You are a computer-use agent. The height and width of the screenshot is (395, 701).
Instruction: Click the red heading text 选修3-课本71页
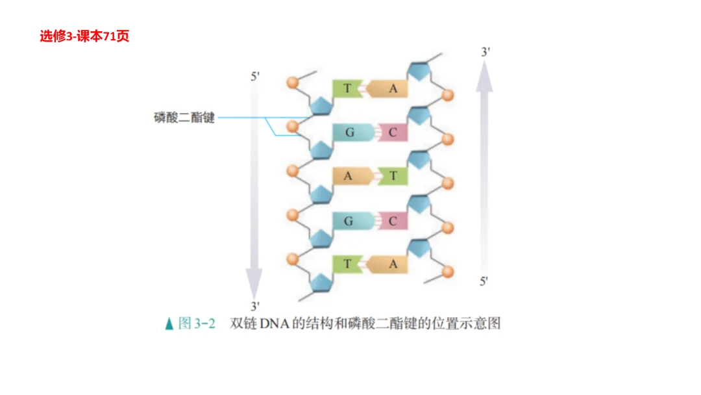point(84,36)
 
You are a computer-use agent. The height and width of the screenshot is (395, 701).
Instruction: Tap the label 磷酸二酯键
point(184,118)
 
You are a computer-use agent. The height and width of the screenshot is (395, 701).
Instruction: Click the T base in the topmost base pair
point(348,88)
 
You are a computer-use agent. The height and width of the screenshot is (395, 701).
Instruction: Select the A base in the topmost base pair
point(391,88)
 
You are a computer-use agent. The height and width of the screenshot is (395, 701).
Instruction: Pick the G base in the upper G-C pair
point(350,133)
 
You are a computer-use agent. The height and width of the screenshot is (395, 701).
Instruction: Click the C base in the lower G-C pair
point(393,221)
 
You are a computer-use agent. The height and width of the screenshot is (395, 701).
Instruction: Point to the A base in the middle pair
point(349,176)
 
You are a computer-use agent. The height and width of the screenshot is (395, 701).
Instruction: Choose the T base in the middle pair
point(393,176)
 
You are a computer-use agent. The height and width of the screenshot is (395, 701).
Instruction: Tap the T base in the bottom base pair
point(348,264)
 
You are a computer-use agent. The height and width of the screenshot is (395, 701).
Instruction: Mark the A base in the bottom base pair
point(391,264)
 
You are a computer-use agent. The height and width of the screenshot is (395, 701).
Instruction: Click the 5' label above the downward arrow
point(255,77)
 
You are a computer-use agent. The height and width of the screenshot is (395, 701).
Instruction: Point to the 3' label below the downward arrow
point(255,305)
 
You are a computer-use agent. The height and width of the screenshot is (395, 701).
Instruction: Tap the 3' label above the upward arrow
point(485,52)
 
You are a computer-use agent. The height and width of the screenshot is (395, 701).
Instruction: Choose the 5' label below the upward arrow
point(484,281)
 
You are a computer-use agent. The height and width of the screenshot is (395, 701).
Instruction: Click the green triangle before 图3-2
point(169,324)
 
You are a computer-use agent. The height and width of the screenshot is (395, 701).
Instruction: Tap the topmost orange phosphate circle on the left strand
point(292,83)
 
